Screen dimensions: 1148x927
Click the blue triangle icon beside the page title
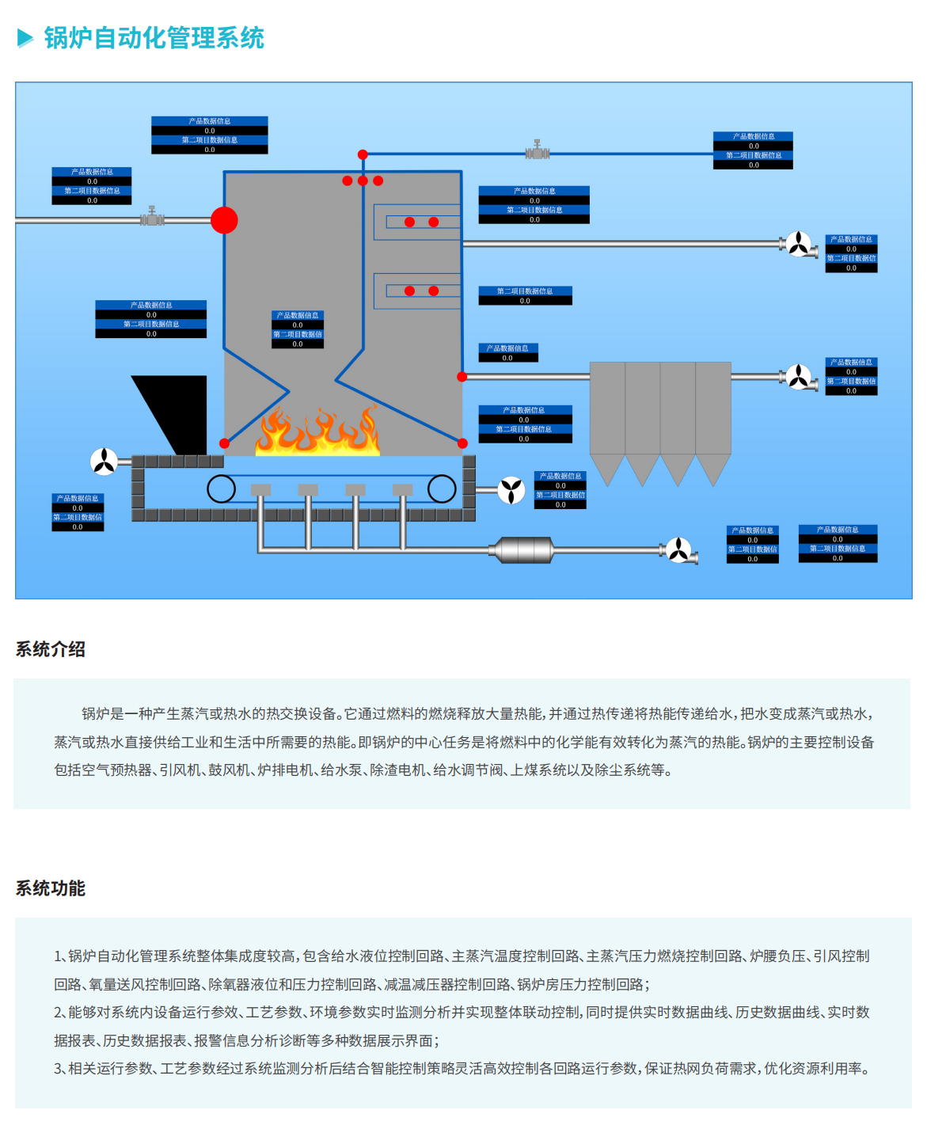coord(25,38)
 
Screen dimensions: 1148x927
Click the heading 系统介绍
coord(51,650)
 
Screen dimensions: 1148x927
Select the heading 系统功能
coord(51,888)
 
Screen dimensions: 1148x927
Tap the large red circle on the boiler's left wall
coord(224,220)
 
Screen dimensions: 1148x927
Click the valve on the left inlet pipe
coord(152,217)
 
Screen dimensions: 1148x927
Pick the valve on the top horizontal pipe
coord(537,150)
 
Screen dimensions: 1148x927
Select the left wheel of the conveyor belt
coord(222,488)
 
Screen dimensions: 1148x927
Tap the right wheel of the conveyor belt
coord(442,488)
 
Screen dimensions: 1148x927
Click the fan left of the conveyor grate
coord(104,461)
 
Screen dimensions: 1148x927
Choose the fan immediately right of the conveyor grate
coord(511,490)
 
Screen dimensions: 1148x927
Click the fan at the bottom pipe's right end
coord(678,549)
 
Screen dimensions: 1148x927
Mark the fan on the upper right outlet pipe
coord(799,244)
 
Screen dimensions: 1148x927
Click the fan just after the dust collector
coord(799,377)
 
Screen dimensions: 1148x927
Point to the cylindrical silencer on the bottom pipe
coord(522,549)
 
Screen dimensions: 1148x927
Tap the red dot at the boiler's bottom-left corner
coord(225,443)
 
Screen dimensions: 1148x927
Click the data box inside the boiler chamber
coord(298,329)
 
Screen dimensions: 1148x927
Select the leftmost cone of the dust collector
coord(608,469)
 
